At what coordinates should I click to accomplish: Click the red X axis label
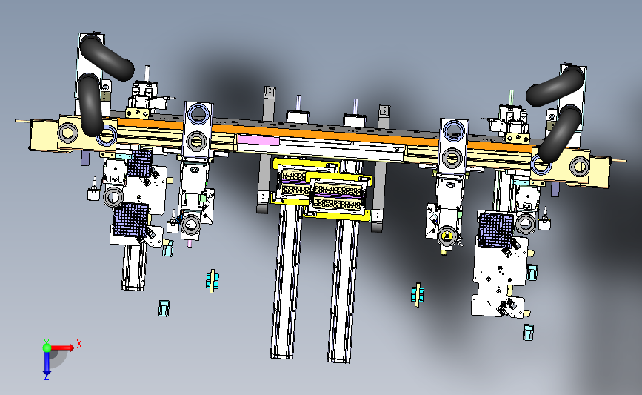[79, 344]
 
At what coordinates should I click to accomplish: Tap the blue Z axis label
[46, 377]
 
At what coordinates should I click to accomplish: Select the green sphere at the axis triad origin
[47, 348]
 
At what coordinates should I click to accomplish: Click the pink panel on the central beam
[258, 140]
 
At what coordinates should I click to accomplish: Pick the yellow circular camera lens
[447, 236]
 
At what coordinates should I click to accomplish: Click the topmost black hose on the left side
[107, 56]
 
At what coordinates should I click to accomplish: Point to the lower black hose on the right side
[560, 133]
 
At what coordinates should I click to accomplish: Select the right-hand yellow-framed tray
[338, 196]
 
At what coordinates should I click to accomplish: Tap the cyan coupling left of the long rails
[212, 281]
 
